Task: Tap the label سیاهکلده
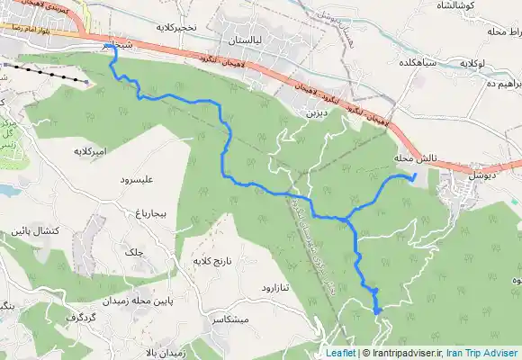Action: click(x=418, y=65)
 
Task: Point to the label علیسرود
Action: click(x=137, y=180)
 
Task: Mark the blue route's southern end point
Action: click(x=378, y=310)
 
